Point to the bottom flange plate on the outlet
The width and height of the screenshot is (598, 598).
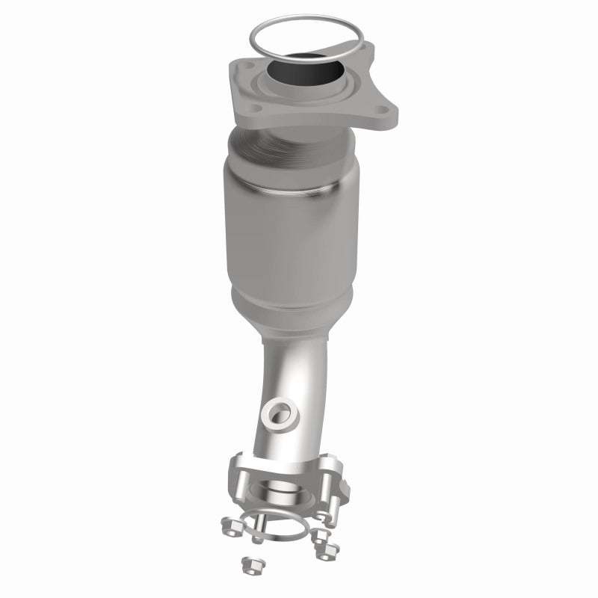point(288,478)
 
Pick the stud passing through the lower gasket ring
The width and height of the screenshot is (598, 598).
point(258,534)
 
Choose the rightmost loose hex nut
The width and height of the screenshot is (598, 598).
point(326,552)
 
